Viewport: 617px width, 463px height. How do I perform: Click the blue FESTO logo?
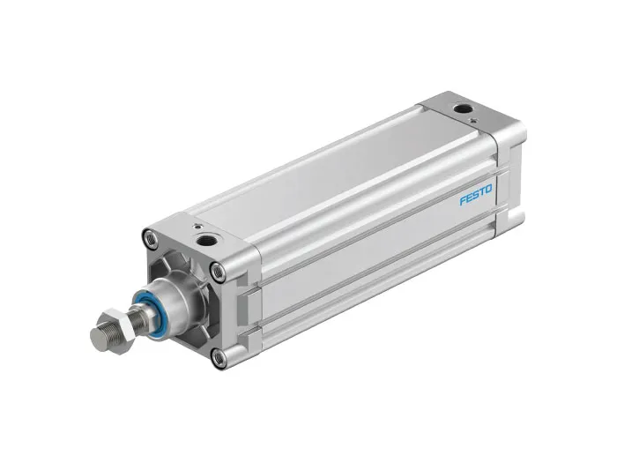(476, 195)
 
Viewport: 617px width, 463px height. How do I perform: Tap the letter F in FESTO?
(463, 200)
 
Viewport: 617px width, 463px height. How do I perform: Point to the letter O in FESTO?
(488, 190)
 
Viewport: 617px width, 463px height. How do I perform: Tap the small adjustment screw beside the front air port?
(197, 226)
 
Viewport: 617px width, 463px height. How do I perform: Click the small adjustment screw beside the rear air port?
(474, 120)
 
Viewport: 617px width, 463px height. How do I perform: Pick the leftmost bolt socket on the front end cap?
(151, 238)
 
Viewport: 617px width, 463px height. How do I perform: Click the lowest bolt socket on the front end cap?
(219, 357)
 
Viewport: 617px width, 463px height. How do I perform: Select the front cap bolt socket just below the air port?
(218, 272)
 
